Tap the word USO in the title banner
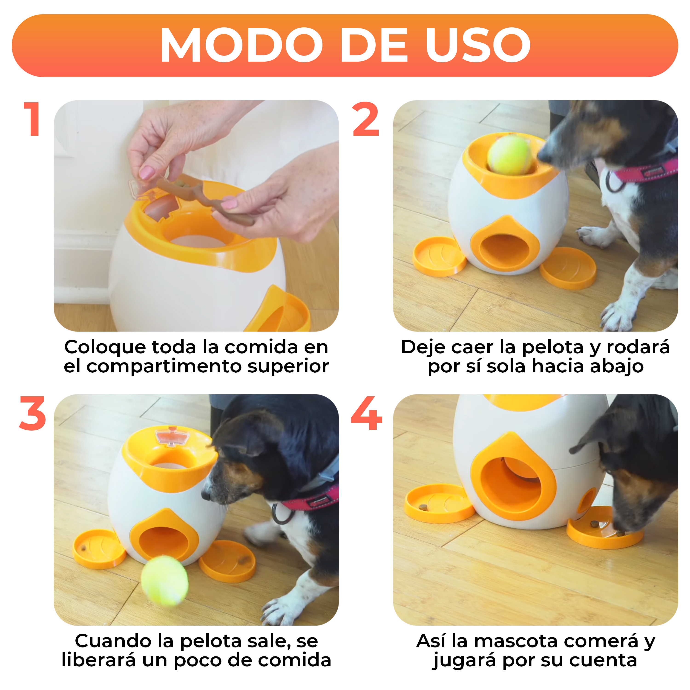point(478,45)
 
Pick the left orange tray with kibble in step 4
point(439,503)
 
